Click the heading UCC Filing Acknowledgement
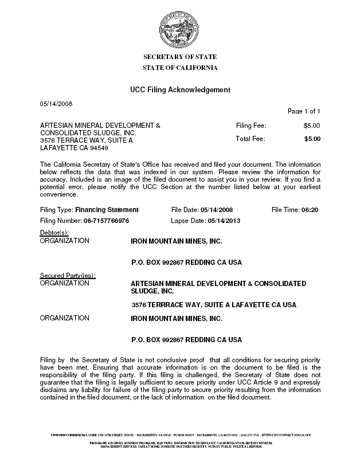[x=179, y=90]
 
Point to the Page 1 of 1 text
[x=303, y=111]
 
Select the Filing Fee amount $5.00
[x=312, y=125]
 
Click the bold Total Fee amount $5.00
[x=312, y=139]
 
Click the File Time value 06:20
[x=310, y=210]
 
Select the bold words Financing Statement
[x=107, y=210]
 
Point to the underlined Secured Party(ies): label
[x=67, y=276]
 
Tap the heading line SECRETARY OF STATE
[x=179, y=57]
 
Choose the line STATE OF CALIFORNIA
[x=179, y=68]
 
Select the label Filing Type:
[x=57, y=210]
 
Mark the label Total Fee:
[x=251, y=139]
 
